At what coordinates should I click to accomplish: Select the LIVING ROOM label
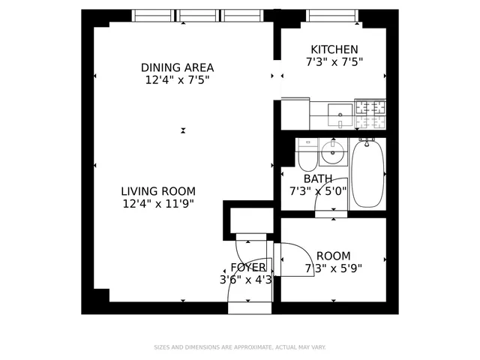(x=158, y=190)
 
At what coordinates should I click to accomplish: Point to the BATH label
(x=318, y=178)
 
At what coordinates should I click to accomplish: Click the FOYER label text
(x=247, y=267)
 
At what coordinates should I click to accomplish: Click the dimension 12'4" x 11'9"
(x=158, y=203)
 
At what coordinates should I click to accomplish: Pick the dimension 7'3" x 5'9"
(x=333, y=268)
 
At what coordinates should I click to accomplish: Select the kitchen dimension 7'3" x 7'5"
(x=334, y=62)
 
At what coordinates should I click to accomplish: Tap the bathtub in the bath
(x=367, y=175)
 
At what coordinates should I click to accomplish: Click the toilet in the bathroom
(x=306, y=156)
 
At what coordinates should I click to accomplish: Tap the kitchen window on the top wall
(x=331, y=15)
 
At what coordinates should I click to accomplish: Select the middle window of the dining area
(x=198, y=15)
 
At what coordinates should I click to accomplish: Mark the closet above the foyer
(x=251, y=218)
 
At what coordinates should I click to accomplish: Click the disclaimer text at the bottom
(x=240, y=347)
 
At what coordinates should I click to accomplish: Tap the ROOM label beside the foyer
(x=333, y=255)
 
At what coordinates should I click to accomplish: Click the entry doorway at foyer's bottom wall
(x=249, y=307)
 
